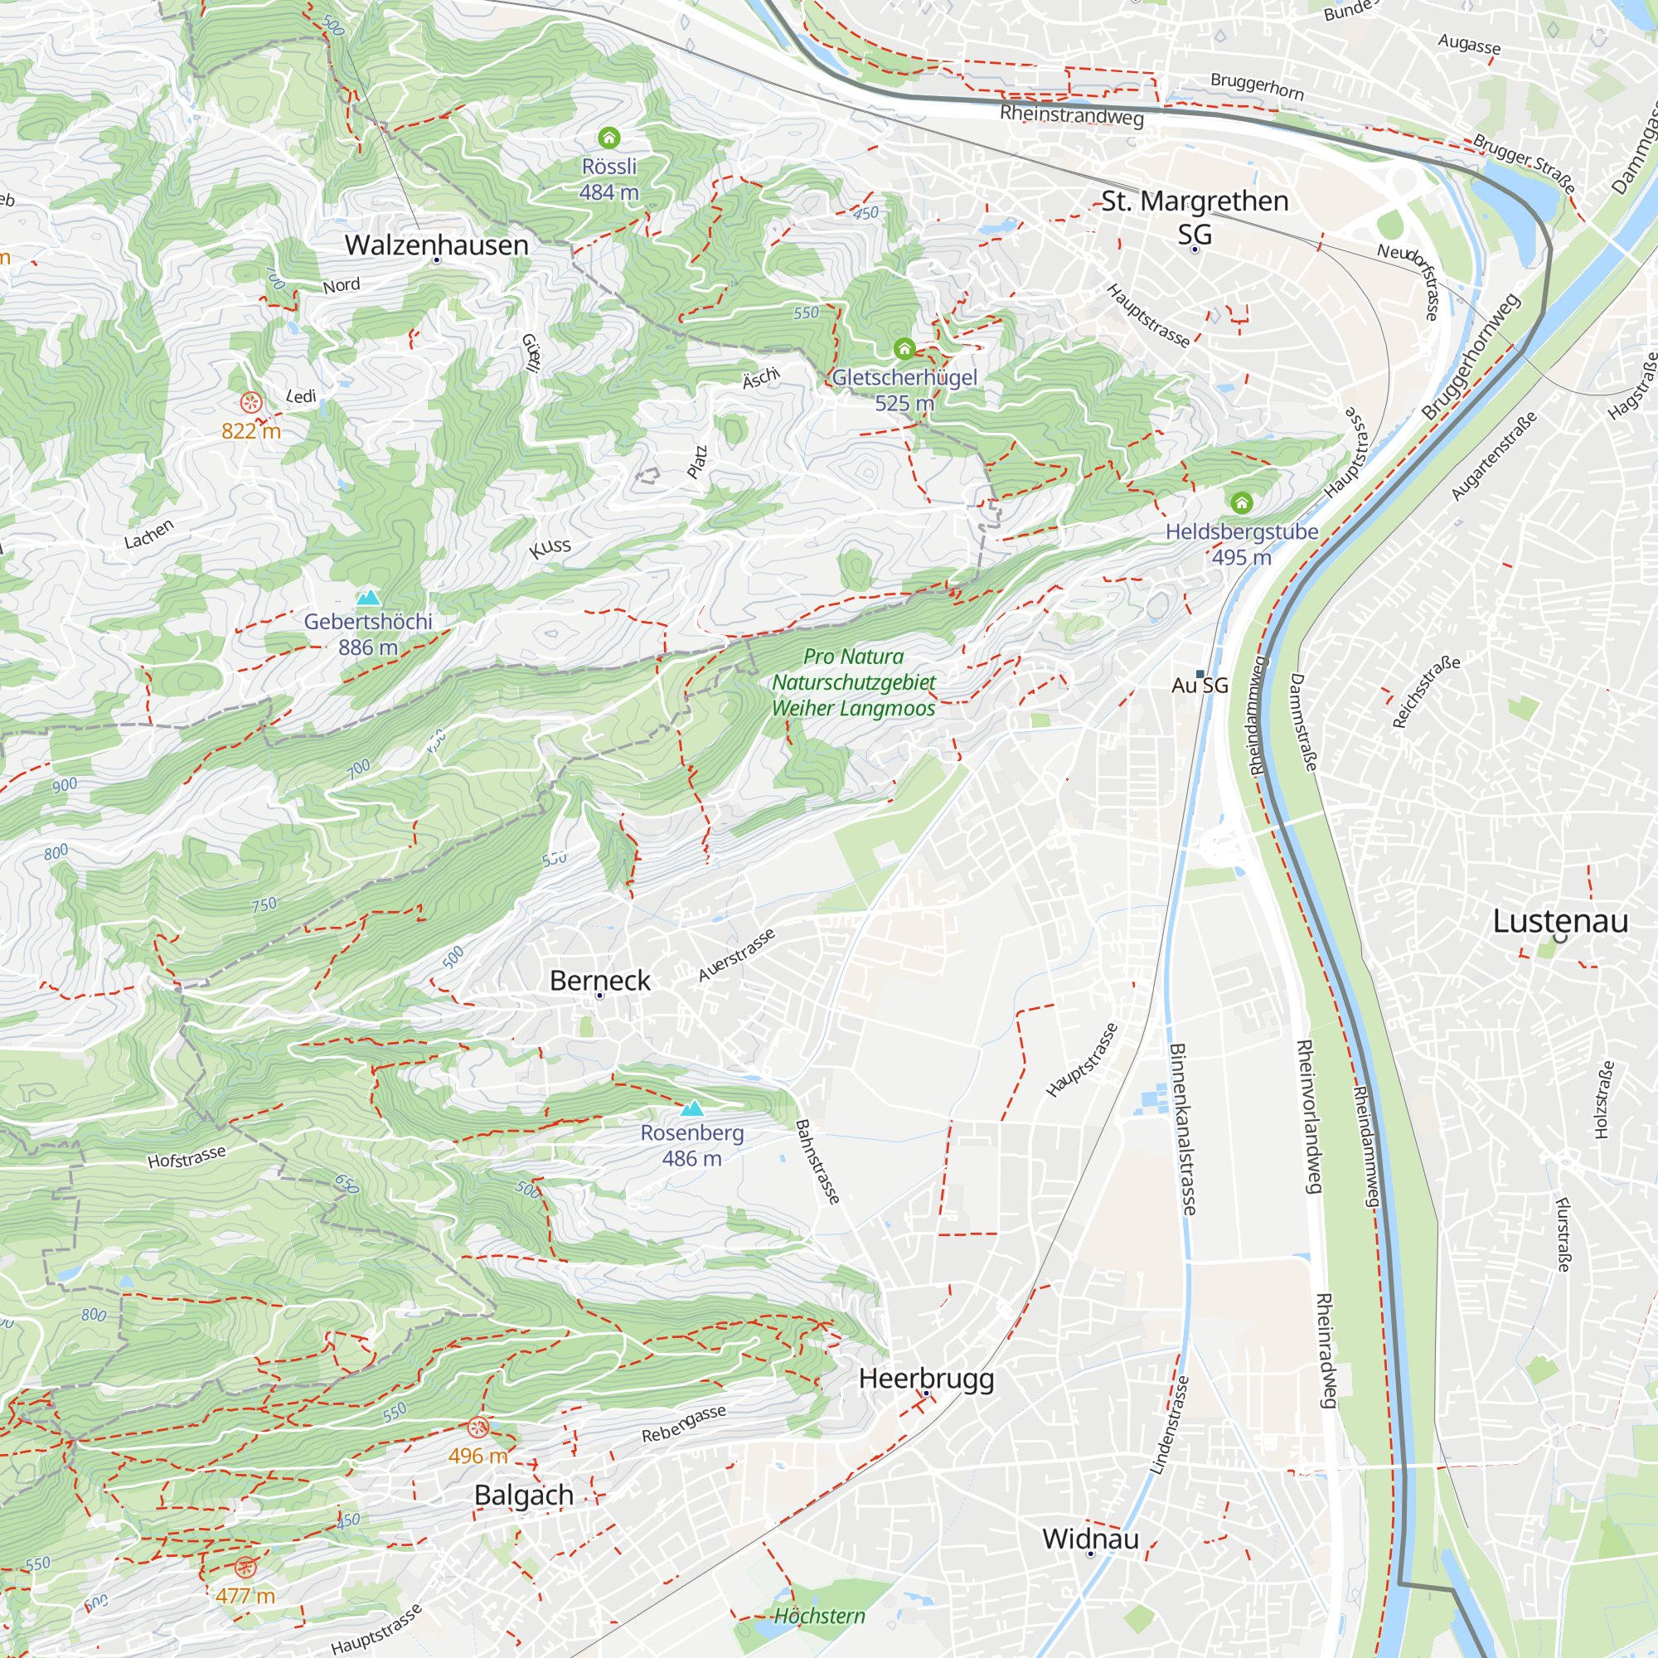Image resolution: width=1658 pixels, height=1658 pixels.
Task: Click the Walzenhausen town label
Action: (436, 245)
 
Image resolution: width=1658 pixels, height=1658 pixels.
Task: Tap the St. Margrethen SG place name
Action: (1195, 216)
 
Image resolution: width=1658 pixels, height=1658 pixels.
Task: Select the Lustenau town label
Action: (1560, 921)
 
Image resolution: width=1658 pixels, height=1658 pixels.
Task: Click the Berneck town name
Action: (600, 980)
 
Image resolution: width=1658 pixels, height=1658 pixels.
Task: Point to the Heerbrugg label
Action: (926, 1379)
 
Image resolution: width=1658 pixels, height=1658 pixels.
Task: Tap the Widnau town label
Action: (1090, 1539)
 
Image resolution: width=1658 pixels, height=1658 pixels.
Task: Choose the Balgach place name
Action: (523, 1495)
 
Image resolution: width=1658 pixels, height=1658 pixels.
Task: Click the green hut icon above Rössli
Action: (608, 138)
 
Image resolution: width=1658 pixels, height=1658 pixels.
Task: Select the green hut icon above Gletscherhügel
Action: (904, 348)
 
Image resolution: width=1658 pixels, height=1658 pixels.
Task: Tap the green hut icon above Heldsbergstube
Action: (1241, 502)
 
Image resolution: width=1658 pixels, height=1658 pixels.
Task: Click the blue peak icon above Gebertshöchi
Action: (368, 597)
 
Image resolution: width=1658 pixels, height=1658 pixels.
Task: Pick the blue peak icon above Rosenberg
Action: (691, 1108)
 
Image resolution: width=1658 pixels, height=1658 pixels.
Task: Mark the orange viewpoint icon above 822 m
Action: (250, 401)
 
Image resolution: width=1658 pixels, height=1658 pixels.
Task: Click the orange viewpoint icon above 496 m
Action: (478, 1428)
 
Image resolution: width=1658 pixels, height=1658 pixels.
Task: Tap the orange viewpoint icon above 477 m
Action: (245, 1568)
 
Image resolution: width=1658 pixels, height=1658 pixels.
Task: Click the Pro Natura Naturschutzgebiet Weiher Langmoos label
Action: (853, 682)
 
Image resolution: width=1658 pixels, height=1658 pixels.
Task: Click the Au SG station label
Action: (1200, 685)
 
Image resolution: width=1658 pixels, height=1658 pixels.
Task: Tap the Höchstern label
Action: (820, 1616)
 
